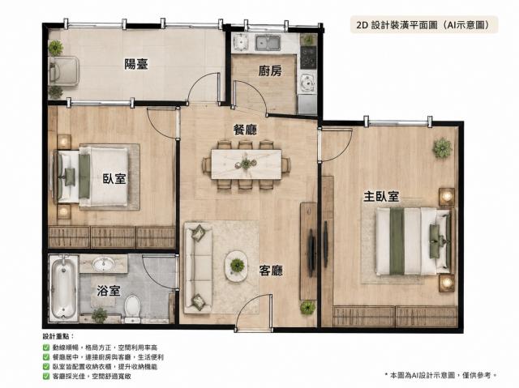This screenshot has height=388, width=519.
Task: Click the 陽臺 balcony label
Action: click(x=136, y=64)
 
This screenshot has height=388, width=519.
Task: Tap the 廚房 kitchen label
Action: click(x=270, y=70)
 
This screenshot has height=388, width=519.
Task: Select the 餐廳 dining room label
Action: click(x=245, y=130)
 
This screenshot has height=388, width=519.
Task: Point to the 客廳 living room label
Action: click(x=271, y=271)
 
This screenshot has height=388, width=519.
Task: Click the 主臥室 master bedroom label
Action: click(x=381, y=197)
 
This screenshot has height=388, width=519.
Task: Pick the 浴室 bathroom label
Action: click(x=108, y=291)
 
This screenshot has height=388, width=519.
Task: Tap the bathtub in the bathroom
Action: click(x=63, y=288)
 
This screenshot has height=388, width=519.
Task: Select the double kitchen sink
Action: click(x=268, y=42)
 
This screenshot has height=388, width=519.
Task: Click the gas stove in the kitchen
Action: click(x=308, y=58)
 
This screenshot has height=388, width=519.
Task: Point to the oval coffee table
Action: click(x=237, y=266)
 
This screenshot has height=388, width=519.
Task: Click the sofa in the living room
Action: click(x=198, y=267)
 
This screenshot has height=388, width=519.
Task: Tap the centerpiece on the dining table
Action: click(x=247, y=164)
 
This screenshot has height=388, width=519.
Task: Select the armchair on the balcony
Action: click(x=64, y=70)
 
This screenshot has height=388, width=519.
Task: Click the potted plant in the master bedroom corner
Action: click(x=442, y=147)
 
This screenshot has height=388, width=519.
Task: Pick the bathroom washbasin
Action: click(x=103, y=264)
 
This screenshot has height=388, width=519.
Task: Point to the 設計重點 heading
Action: click(x=57, y=336)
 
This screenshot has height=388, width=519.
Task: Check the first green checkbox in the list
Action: click(x=46, y=347)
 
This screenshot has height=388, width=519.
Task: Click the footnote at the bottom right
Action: click(x=441, y=375)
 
